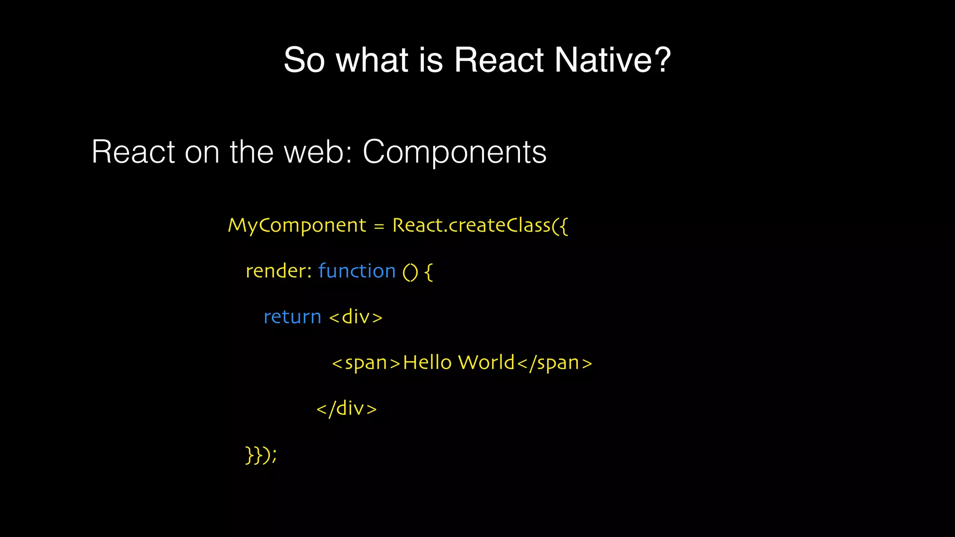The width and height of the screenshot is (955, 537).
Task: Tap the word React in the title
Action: click(x=498, y=60)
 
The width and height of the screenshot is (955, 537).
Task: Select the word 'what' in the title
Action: click(x=372, y=60)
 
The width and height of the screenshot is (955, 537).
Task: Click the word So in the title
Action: click(x=304, y=60)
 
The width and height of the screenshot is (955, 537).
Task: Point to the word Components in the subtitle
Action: click(x=454, y=152)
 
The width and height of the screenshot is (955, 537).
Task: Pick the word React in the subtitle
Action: click(x=133, y=152)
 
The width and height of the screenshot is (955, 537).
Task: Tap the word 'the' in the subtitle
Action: click(x=251, y=152)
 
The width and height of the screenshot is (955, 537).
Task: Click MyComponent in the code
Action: click(x=297, y=226)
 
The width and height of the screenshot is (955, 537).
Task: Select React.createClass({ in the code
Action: click(x=480, y=226)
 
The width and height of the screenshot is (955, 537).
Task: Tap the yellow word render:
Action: click(x=278, y=271)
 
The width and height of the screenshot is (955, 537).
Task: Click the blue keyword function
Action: click(x=357, y=271)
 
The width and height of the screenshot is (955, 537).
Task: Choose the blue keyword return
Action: click(x=292, y=317)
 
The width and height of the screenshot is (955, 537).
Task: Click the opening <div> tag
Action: click(x=356, y=317)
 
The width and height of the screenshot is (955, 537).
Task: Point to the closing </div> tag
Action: click(x=346, y=409)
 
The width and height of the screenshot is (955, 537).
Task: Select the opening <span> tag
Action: click(x=366, y=363)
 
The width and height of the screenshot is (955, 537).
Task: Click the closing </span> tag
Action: click(x=554, y=363)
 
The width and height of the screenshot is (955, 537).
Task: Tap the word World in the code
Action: click(x=486, y=362)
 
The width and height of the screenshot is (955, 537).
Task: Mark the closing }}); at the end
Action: click(x=261, y=455)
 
